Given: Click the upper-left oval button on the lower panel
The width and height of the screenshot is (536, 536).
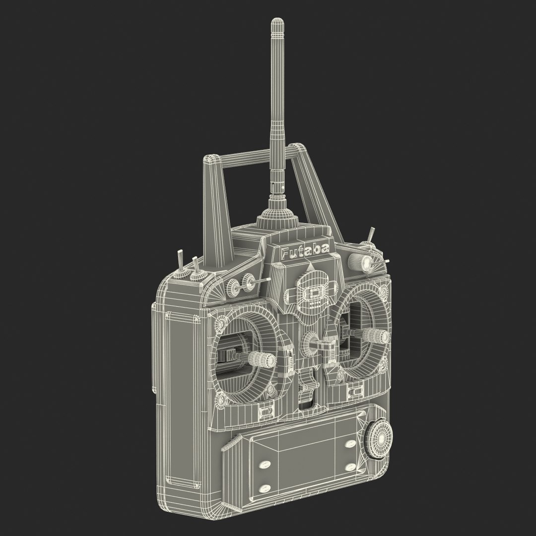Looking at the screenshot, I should (x=264, y=465).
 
